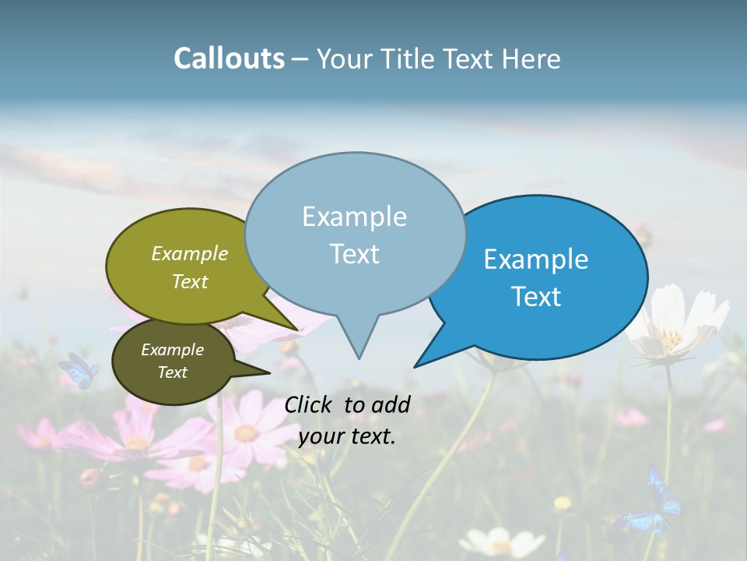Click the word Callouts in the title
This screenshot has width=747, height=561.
[229, 58]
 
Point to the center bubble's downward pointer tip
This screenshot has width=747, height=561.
[359, 358]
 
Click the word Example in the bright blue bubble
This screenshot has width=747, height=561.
[536, 259]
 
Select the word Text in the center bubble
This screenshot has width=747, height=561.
[355, 254]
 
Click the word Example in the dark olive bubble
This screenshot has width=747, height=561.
[172, 350]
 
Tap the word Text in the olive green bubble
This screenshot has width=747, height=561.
[190, 281]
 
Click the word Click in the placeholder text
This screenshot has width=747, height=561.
[310, 404]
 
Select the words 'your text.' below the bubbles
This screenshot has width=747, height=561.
[347, 436]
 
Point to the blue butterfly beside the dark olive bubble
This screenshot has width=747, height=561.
[79, 370]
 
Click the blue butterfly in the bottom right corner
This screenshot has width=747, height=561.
[653, 503]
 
